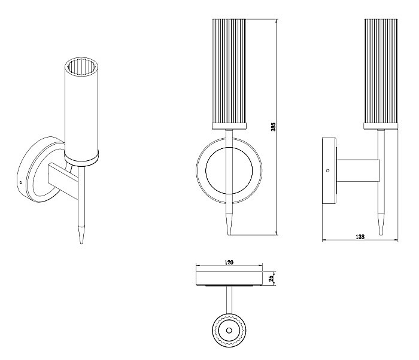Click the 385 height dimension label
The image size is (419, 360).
coord(273,127)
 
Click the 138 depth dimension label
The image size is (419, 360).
coord(360,237)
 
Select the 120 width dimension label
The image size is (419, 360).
coord(229,263)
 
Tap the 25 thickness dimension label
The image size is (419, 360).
coord(271,279)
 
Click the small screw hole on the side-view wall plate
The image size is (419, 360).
coord(328,170)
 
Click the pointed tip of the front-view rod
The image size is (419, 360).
coord(229,234)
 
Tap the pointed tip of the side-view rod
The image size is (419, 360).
coord(381,234)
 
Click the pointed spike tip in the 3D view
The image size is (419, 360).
coord(81,243)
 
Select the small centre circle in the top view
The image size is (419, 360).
coord(229,330)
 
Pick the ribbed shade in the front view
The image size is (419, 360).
coord(229,71)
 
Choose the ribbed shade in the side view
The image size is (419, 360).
coord(381,71)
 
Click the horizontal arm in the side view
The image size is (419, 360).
coord(358,170)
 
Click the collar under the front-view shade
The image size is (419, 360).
coord(229,126)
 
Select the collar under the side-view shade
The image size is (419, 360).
coord(381,126)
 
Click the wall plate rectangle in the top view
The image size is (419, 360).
coord(229,279)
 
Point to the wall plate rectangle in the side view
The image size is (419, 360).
coord(329,170)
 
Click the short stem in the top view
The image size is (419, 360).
coord(229,300)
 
